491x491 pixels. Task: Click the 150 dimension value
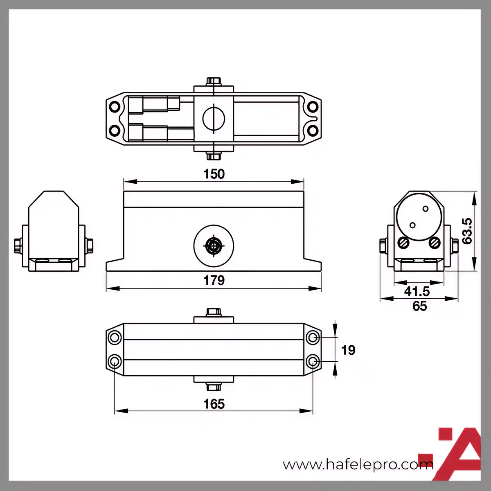[214, 174]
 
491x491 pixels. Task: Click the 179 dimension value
[214, 281]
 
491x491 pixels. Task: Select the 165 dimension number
[214, 404]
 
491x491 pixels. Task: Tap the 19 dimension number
[348, 350]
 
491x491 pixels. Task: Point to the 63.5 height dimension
[467, 231]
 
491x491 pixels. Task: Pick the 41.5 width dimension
[417, 291]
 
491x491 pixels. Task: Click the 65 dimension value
[420, 306]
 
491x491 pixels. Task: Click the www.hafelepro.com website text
[358, 464]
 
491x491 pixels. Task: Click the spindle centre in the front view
[214, 246]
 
